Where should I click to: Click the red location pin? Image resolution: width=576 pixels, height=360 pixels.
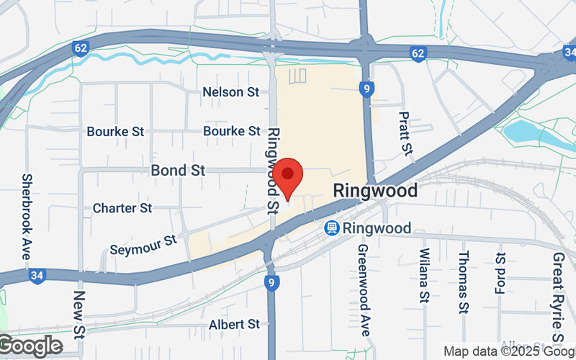(288, 176)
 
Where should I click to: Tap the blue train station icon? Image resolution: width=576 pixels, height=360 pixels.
(331, 228)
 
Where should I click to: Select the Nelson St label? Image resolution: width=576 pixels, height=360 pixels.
(230, 92)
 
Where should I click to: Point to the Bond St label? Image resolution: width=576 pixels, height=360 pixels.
(178, 171)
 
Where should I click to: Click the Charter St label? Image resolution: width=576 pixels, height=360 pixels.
(122, 208)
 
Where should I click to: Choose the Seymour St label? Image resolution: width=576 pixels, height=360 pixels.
(143, 244)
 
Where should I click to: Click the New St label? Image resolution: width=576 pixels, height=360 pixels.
(79, 314)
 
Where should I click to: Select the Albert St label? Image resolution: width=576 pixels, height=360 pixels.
(234, 325)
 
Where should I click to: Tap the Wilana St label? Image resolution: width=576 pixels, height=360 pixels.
(424, 276)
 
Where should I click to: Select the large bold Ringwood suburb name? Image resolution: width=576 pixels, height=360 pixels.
(375, 191)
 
